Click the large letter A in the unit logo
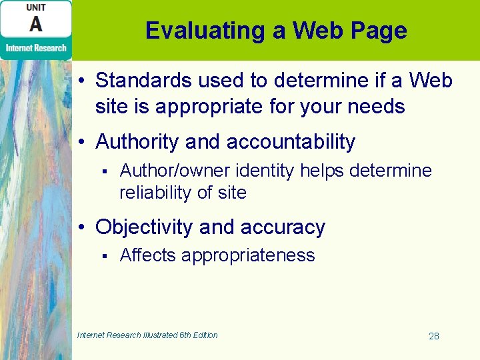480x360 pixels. coord(36,25)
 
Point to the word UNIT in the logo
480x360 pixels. coord(36,7)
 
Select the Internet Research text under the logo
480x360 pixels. coord(36,47)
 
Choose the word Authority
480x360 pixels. coord(138,141)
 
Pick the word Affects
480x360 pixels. coord(147,255)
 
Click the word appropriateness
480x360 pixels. coord(248,255)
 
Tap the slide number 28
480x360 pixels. coord(433,336)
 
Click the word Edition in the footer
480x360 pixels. coord(203,335)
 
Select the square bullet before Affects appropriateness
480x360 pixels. coord(104,256)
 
